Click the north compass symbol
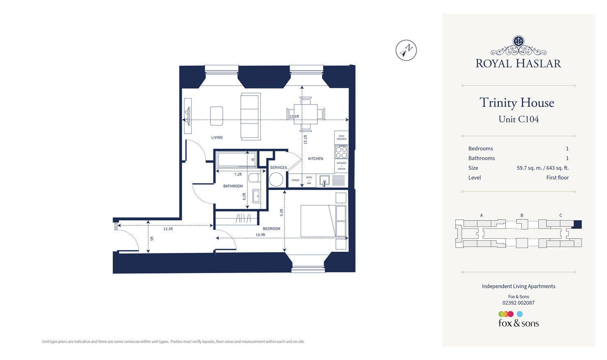pos(406,50)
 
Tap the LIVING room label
pos(217,138)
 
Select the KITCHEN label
pos(315,159)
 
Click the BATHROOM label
pos(233,186)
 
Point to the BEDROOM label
pos(272,229)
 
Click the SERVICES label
pos(278,168)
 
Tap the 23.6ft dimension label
pos(294,116)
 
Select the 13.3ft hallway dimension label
pos(168,229)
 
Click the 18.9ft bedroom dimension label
pos(260,235)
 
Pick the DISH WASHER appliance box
pos(341,137)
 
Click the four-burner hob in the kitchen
pos(341,153)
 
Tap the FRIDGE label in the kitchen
pos(295,180)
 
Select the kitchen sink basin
pos(324,181)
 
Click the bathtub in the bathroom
pos(237,159)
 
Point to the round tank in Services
pos(276,180)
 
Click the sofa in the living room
pos(250,117)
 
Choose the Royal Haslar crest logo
pos(518,46)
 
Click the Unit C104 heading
pos(518,119)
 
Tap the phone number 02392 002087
pos(518,303)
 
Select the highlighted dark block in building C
pos(577,224)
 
